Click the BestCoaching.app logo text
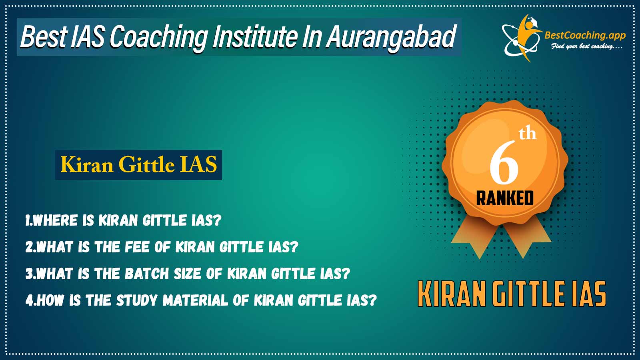[585, 36]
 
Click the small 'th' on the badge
[528, 134]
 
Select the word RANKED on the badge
[505, 198]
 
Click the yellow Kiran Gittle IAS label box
[138, 165]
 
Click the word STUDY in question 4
[137, 300]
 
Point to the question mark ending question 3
[346, 274]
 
